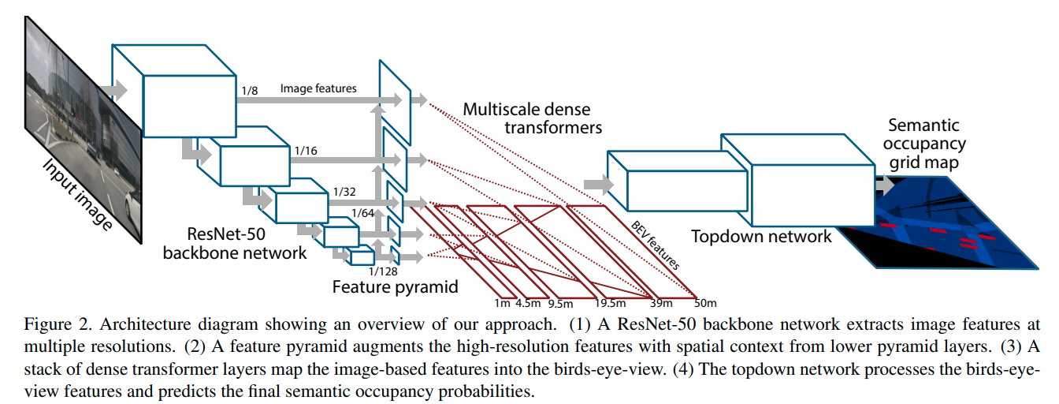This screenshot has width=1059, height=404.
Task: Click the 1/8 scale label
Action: [250, 92]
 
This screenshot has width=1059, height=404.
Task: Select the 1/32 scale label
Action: [345, 191]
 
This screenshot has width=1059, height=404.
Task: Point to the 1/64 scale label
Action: [363, 213]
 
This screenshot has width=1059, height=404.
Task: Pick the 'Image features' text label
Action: [318, 88]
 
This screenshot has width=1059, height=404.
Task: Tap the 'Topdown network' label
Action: [761, 236]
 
